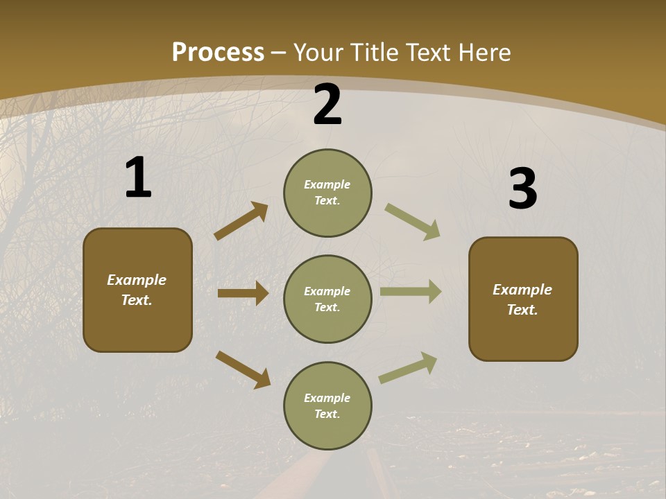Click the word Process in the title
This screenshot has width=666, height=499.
tap(218, 53)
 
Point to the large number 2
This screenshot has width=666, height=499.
tap(327, 105)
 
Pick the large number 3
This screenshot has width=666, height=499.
tap(522, 189)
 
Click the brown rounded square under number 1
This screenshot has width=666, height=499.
tap(137, 290)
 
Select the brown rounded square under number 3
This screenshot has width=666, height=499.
tap(523, 299)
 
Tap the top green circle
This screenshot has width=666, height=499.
tap(327, 193)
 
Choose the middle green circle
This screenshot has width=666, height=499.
tap(327, 299)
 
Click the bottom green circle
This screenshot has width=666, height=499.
tap(327, 405)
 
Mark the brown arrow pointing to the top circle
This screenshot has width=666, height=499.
tap(241, 221)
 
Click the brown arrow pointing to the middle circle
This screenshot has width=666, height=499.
tap(243, 293)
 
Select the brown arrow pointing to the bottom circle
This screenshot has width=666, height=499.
tap(243, 369)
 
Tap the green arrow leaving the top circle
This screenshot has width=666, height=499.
tap(412, 222)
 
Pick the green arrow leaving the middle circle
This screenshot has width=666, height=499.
tap(411, 292)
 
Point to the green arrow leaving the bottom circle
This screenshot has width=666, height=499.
tap(408, 367)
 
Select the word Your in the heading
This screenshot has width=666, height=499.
tap(318, 53)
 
